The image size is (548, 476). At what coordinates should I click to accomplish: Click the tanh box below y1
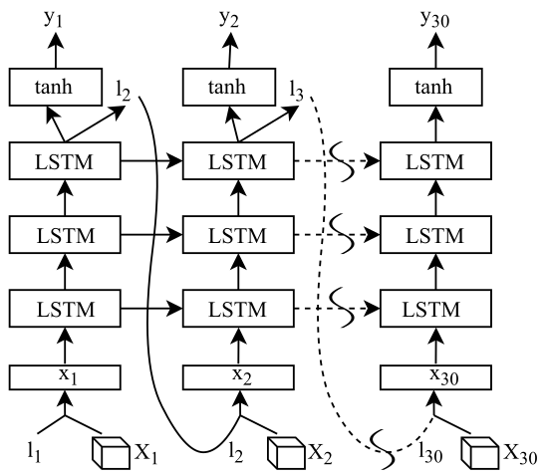(x=56, y=87)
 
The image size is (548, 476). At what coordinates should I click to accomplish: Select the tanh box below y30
(x=435, y=87)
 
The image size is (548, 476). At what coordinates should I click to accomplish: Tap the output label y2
(x=229, y=19)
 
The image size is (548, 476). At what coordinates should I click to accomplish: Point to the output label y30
(x=434, y=19)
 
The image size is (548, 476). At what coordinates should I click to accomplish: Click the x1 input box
(x=65, y=377)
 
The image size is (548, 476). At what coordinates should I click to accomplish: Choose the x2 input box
(x=238, y=377)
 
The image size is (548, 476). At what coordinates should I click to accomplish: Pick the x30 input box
(x=435, y=377)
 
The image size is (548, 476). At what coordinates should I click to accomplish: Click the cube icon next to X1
(x=112, y=453)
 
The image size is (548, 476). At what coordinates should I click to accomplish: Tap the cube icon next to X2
(x=286, y=453)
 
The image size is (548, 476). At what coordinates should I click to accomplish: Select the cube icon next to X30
(x=480, y=453)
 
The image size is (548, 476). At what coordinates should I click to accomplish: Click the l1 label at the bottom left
(x=34, y=452)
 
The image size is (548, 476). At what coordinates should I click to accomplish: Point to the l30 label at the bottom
(x=430, y=452)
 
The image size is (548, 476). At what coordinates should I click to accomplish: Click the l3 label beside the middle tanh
(x=296, y=91)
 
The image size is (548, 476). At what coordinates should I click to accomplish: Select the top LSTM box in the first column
(x=65, y=161)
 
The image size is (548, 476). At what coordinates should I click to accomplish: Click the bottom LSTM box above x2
(x=238, y=309)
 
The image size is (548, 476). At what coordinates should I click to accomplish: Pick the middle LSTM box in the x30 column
(x=435, y=235)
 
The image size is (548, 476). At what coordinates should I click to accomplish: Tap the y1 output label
(x=54, y=19)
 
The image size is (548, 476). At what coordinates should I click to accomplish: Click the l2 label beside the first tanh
(x=123, y=91)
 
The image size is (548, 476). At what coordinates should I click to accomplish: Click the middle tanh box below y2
(x=229, y=87)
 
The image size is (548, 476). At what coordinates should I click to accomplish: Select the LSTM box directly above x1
(x=65, y=309)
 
